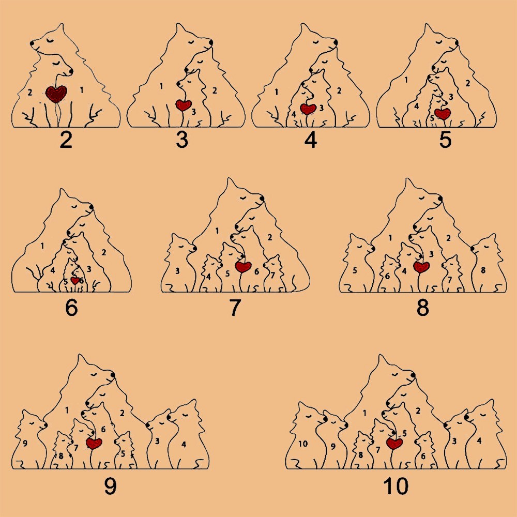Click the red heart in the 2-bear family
coord(56,94)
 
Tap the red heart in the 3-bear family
coord(184,105)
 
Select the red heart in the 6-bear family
coord(75,281)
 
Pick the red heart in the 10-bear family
coord(394,444)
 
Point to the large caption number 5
coord(445,140)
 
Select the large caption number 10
coord(396,486)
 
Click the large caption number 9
coord(110,486)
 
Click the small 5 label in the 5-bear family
coord(432,118)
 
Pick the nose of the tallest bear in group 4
coord(336,42)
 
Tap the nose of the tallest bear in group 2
coord(32,43)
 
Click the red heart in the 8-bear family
coord(421,267)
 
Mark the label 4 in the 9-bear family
coord(184,445)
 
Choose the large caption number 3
coord(183,140)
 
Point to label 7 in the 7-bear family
coord(272,275)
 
